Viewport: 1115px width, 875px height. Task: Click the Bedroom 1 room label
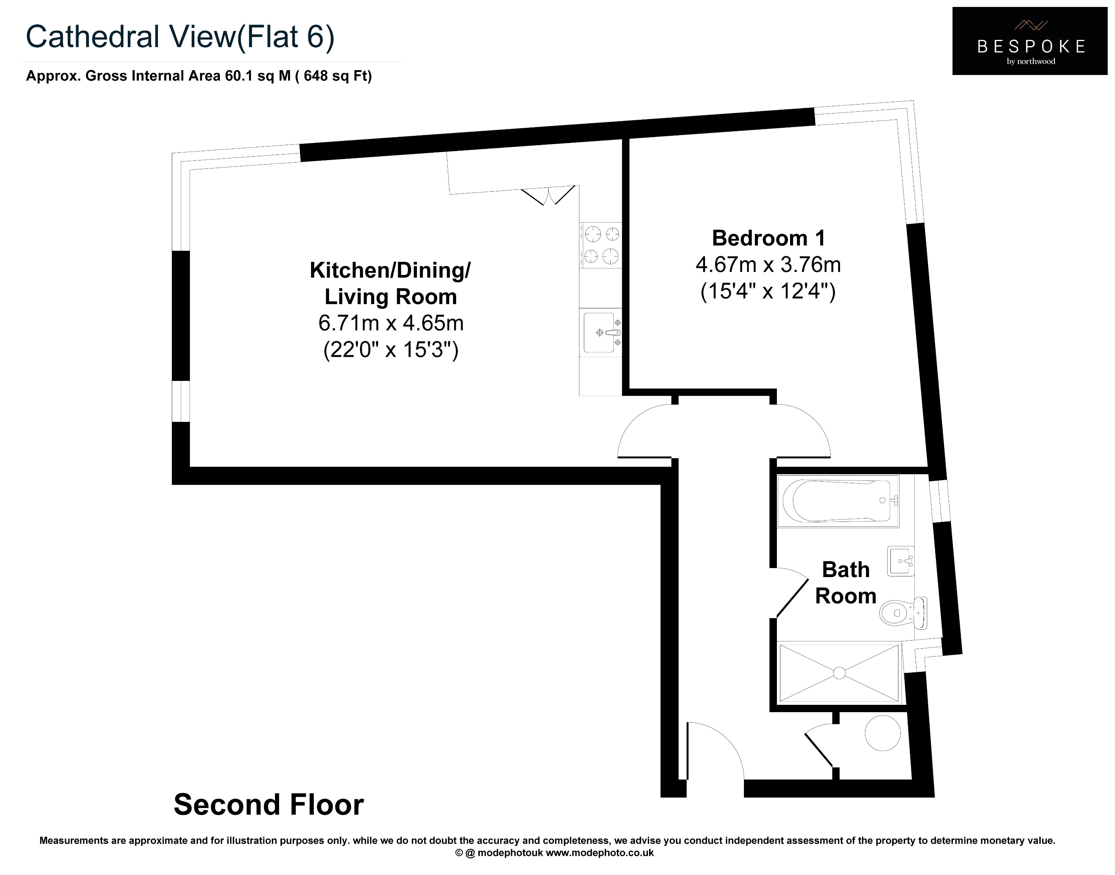pyautogui.click(x=768, y=238)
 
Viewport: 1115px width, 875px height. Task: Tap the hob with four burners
pyautogui.click(x=601, y=244)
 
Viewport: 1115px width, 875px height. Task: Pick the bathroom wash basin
pyautogui.click(x=900, y=561)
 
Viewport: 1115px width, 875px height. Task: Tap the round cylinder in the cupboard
pyautogui.click(x=882, y=733)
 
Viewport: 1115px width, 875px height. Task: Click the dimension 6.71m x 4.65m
pyautogui.click(x=391, y=323)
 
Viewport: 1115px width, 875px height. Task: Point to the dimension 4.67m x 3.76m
pyautogui.click(x=768, y=265)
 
